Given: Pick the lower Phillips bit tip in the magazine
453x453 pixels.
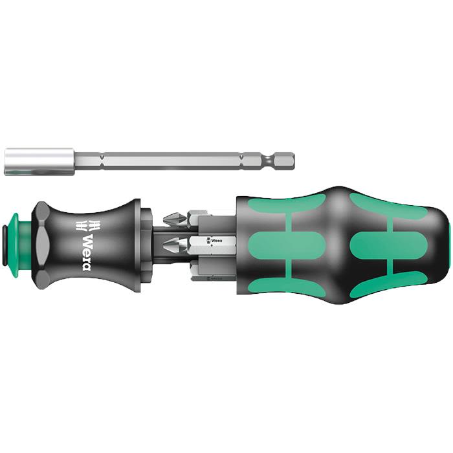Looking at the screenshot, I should [x=171, y=245].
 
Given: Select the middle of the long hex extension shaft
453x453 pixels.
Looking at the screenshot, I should [x=162, y=160].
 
